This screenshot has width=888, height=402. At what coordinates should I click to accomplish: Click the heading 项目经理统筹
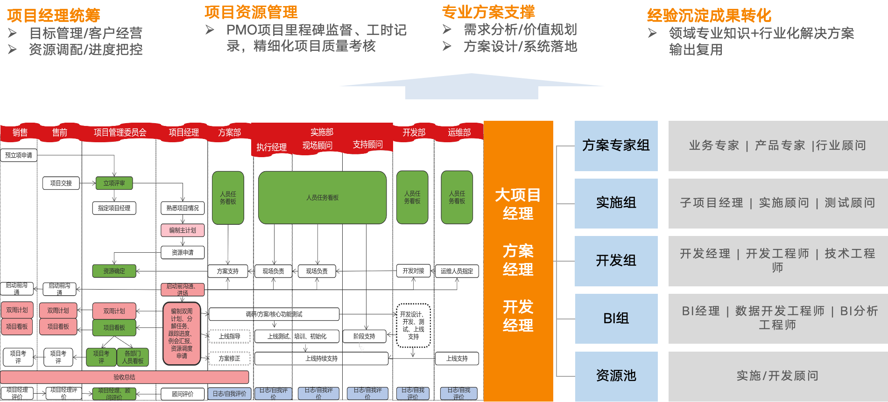[53, 15]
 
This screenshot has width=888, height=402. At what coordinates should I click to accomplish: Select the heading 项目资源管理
[251, 12]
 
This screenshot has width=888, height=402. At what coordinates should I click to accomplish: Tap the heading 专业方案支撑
[488, 12]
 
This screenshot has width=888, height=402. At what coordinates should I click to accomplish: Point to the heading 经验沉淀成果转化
[709, 15]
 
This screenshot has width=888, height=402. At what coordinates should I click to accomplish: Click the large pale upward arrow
[472, 86]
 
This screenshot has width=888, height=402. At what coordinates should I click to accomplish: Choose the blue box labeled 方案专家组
[616, 146]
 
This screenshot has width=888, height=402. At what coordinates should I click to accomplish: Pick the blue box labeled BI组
[616, 319]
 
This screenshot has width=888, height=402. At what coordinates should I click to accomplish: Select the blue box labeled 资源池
[616, 376]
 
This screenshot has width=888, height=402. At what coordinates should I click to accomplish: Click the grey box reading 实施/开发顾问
[777, 376]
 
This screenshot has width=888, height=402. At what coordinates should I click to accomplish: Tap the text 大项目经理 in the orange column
[518, 204]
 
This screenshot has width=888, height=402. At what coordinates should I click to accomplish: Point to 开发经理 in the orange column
[518, 316]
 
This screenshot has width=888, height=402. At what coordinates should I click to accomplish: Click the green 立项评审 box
[114, 183]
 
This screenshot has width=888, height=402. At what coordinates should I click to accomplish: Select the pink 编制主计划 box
[183, 230]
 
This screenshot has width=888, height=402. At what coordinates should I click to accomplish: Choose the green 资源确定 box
[114, 271]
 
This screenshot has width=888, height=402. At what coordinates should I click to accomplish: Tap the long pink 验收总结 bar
[124, 377]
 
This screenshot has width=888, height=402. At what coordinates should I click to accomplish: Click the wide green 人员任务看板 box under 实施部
[322, 198]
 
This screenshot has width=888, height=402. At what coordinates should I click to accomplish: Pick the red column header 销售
[20, 132]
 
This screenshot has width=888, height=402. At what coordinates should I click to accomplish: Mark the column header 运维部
[459, 132]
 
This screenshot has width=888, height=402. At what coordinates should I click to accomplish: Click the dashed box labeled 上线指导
[229, 336]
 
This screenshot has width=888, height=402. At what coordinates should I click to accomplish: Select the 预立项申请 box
[19, 155]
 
